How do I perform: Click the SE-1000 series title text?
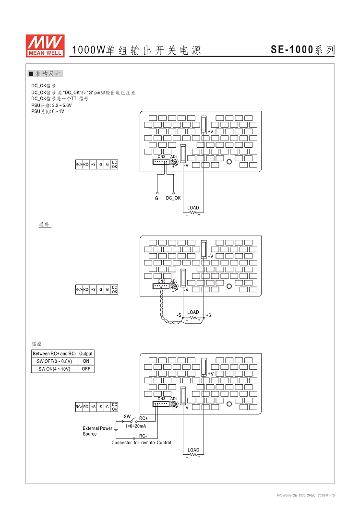pyautogui.click(x=302, y=49)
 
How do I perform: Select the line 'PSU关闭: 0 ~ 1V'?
pyautogui.click(x=48, y=111)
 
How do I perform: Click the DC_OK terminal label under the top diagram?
pyautogui.click(x=173, y=198)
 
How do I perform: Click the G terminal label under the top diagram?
pyautogui.click(x=156, y=198)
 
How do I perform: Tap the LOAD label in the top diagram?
pyautogui.click(x=193, y=208)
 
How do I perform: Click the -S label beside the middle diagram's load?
pyautogui.click(x=179, y=315)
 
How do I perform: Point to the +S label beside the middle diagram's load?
pyautogui.click(x=208, y=315)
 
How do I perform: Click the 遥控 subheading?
pyautogui.click(x=37, y=344)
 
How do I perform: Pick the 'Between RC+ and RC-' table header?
pyautogui.click(x=54, y=354)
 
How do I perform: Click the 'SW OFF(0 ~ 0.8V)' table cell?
pyautogui.click(x=54, y=361)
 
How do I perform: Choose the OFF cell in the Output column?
pyautogui.click(x=86, y=369)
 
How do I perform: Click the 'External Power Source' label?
pyautogui.click(x=97, y=431)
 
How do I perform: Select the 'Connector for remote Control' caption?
pyautogui.click(x=141, y=442)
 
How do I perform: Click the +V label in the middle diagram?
pyautogui.click(x=210, y=256)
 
